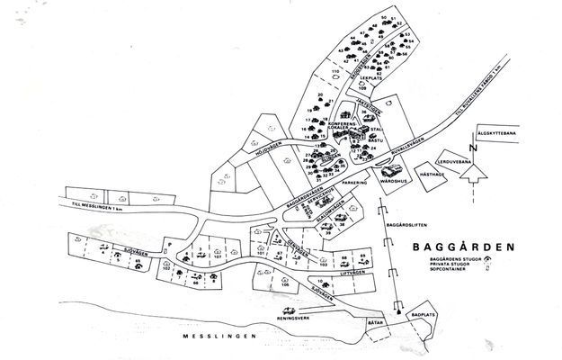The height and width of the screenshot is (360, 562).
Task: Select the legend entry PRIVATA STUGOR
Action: pyautogui.click(x=450, y=264)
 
